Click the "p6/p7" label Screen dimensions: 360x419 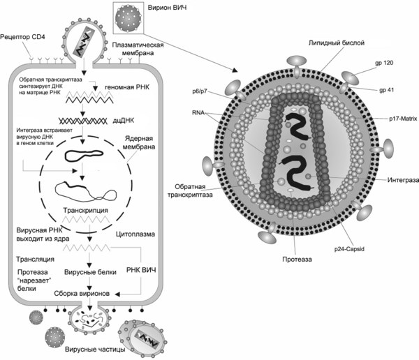pos(200,91)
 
